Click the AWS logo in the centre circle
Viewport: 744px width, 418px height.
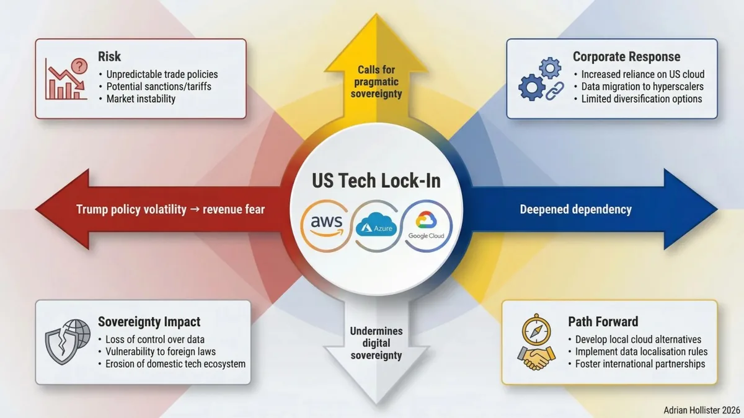(326, 225)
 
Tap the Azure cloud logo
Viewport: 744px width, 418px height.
(376, 225)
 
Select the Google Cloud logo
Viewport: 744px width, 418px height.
(426, 225)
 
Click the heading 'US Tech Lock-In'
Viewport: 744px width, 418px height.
(376, 181)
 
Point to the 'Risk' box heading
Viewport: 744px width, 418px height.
(109, 56)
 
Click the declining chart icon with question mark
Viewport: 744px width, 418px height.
(66, 79)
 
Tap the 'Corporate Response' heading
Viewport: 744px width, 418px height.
(626, 57)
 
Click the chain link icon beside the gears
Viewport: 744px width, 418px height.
(555, 91)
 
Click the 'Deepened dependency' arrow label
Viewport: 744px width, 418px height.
(575, 209)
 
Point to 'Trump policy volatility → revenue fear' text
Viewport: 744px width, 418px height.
(170, 209)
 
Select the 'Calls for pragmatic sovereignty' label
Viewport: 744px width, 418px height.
(376, 82)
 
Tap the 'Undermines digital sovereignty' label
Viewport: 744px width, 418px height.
(376, 343)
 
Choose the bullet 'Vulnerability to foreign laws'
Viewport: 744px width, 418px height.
(161, 352)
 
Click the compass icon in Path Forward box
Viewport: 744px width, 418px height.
(536, 329)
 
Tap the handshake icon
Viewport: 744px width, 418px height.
(536, 359)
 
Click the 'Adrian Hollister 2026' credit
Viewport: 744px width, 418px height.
(702, 411)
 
